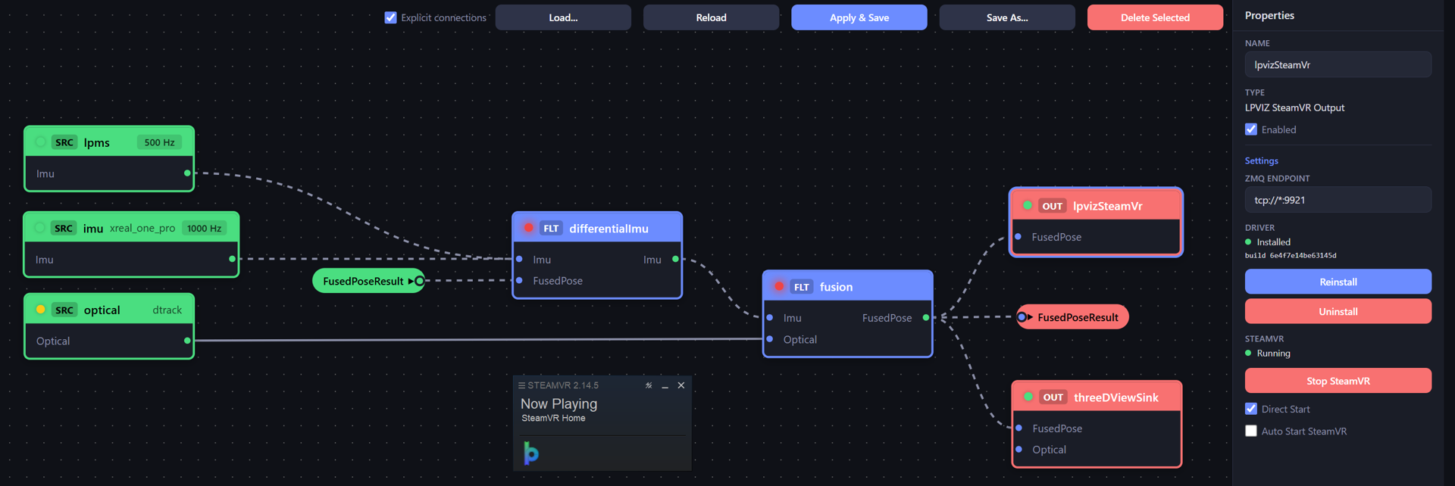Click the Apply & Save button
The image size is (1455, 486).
click(x=859, y=17)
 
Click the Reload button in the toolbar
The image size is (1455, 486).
click(x=711, y=17)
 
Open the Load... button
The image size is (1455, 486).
click(x=563, y=17)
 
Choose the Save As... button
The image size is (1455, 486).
click(x=1007, y=17)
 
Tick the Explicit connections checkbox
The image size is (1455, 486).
click(x=390, y=17)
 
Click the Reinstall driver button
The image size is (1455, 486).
click(x=1338, y=282)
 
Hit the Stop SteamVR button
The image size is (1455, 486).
click(x=1338, y=381)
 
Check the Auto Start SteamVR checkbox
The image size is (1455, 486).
click(x=1251, y=431)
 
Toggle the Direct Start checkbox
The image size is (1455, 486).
click(x=1251, y=409)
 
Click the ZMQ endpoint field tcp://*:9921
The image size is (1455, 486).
click(x=1338, y=200)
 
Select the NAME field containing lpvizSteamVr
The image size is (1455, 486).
click(x=1338, y=64)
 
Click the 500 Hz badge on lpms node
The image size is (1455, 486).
click(x=159, y=142)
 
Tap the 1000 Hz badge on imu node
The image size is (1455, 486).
click(x=204, y=228)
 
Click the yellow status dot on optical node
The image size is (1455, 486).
click(x=40, y=310)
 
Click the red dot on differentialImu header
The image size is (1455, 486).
click(x=528, y=228)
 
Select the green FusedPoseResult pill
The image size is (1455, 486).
click(x=368, y=281)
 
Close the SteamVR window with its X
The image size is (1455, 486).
click(x=681, y=385)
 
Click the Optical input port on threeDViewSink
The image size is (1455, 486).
click(x=1018, y=449)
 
